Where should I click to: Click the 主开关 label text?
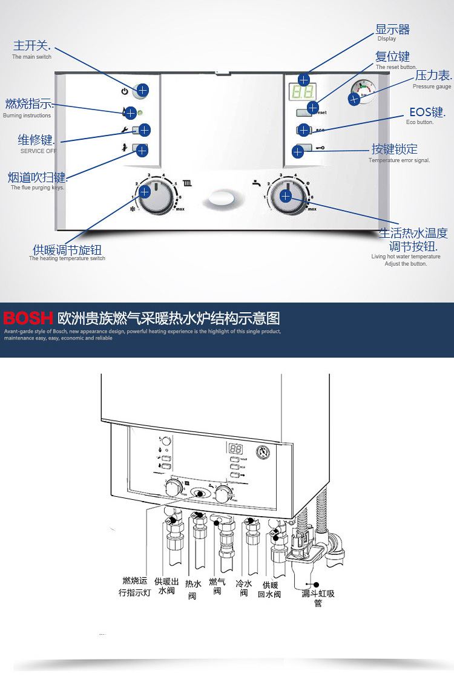[31, 46]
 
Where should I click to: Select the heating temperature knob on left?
[156, 195]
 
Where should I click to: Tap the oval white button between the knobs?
[221, 199]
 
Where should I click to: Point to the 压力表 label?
[433, 76]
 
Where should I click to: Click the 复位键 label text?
[392, 57]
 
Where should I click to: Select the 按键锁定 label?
[394, 149]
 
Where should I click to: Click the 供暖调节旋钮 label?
[67, 250]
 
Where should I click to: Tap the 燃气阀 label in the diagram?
[217, 586]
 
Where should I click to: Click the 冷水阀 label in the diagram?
[243, 588]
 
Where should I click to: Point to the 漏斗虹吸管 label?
[318, 598]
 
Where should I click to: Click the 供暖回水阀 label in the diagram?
[270, 589]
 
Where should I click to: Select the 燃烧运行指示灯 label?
[134, 586]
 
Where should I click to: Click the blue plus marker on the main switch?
[142, 90]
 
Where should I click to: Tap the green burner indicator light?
[140, 113]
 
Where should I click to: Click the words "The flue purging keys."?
[38, 188]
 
